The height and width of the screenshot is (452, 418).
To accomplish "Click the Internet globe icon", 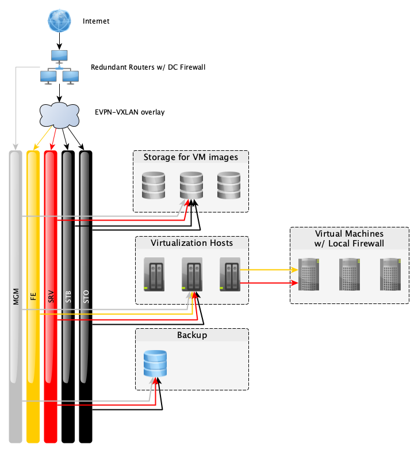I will click(59, 20).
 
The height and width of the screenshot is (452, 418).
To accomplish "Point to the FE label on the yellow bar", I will click(33, 297).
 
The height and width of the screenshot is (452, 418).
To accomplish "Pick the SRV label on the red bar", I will click(51, 297).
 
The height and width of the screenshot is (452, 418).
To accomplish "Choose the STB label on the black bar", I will click(68, 297).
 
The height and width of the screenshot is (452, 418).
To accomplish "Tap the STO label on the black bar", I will click(86, 297).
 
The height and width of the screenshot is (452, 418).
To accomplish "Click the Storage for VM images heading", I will click(190, 157).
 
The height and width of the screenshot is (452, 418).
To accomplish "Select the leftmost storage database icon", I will click(154, 185).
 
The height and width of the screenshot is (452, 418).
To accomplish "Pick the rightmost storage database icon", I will click(228, 185).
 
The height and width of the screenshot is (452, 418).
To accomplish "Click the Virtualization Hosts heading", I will click(191, 243).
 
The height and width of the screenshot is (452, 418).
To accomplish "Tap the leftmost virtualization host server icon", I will click(152, 275).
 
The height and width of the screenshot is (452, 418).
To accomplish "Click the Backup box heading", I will click(191, 335).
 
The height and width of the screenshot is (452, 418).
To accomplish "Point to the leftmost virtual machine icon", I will click(309, 274).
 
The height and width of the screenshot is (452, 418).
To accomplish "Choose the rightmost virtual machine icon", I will click(391, 274).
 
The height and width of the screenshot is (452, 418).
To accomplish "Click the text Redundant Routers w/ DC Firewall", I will click(148, 67).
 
